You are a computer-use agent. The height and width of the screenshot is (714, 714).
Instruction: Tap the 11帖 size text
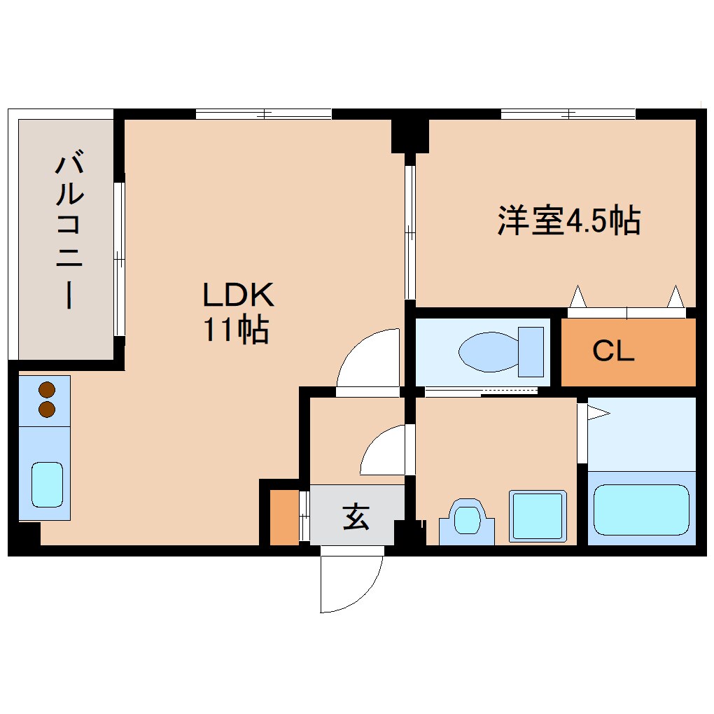[x=236, y=330]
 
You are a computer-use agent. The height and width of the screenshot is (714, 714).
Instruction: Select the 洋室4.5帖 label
[x=568, y=221]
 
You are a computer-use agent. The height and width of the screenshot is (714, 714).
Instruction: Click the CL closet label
[x=613, y=351]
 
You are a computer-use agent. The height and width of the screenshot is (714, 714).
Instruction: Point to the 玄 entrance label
[x=356, y=518]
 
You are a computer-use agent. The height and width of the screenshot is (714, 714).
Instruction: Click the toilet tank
[x=531, y=351]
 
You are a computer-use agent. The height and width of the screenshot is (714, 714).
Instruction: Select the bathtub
[x=641, y=509]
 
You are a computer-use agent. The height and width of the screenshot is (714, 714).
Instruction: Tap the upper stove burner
[x=47, y=390]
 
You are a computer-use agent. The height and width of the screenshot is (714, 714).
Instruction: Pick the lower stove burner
[x=47, y=409]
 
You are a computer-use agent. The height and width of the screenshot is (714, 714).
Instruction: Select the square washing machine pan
[x=538, y=516]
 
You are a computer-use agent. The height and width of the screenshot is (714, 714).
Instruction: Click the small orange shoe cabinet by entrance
[x=284, y=517]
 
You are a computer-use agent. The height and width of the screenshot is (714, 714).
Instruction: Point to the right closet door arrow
[x=675, y=297]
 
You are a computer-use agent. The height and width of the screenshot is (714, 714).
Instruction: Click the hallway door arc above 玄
[x=381, y=451]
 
